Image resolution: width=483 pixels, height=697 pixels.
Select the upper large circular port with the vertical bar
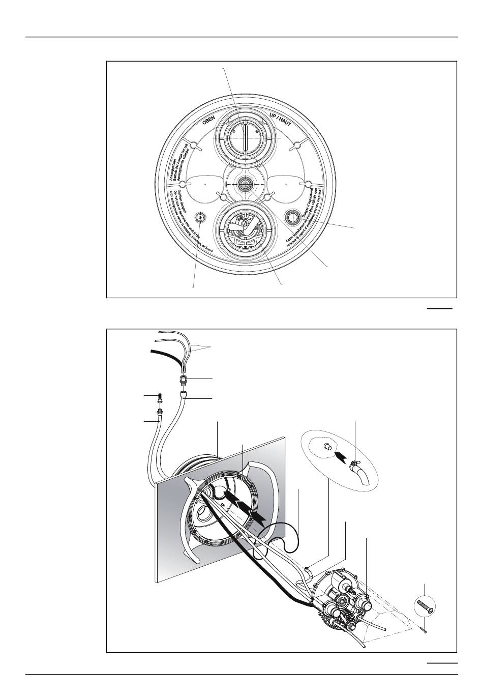[x=245, y=138]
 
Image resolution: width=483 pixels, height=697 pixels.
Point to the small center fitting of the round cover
[x=246, y=184]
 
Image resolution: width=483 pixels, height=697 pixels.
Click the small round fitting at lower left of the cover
[x=202, y=218]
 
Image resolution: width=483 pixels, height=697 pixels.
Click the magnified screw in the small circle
[x=425, y=606]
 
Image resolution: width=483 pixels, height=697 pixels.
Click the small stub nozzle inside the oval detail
[x=328, y=447]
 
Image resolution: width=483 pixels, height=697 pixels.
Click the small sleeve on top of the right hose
[x=184, y=395]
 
